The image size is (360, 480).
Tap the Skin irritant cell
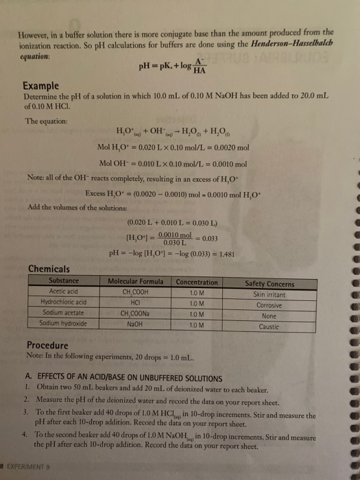point(269,293)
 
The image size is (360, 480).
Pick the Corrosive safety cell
point(269,302)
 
